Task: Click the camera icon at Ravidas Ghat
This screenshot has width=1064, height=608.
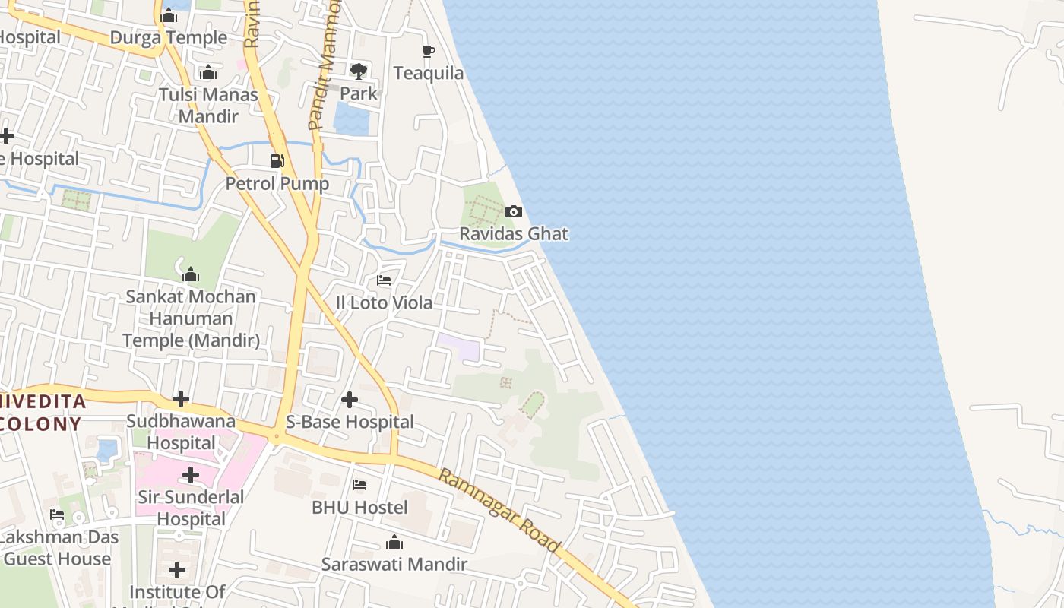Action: [x=514, y=212]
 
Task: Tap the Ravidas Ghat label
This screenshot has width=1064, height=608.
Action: [x=514, y=233]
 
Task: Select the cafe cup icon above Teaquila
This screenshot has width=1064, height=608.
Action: [x=429, y=52]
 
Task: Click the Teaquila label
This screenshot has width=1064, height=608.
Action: [x=429, y=73]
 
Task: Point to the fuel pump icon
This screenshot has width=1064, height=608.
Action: [x=277, y=161]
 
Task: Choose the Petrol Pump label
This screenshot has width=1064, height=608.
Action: [x=277, y=183]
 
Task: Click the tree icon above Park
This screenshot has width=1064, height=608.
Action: [x=359, y=71]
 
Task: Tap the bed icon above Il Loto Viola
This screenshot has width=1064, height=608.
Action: [x=384, y=280]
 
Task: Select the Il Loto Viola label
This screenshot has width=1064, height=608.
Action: [x=384, y=302]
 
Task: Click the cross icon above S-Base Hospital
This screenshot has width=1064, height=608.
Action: [x=350, y=399]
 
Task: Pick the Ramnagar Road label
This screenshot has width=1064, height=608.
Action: [x=499, y=511]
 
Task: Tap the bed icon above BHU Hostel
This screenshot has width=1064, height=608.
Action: [x=359, y=485]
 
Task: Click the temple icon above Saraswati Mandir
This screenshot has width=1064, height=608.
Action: [x=394, y=542]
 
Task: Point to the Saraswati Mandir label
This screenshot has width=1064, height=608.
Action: [x=394, y=564]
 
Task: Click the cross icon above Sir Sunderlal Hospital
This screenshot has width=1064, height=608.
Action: [x=191, y=475]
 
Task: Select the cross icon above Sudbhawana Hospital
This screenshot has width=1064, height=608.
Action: [x=181, y=399]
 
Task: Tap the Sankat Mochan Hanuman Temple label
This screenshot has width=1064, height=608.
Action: [x=191, y=318]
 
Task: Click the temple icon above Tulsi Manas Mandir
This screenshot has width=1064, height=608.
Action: [x=208, y=73]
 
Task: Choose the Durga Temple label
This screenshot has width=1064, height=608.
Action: [x=169, y=37]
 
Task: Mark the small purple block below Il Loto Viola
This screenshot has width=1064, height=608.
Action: [x=459, y=347]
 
